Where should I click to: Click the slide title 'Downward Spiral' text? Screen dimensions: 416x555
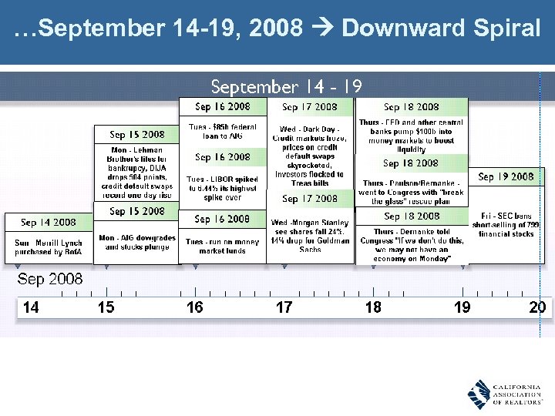click(x=441, y=29)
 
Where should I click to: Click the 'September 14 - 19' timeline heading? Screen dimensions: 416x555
click(x=286, y=86)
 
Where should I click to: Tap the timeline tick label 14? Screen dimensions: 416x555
click(x=31, y=307)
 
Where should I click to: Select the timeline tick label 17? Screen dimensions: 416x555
click(x=284, y=307)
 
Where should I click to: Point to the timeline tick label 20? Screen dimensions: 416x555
click(x=537, y=307)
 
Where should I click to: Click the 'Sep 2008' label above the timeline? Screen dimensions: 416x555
click(x=50, y=279)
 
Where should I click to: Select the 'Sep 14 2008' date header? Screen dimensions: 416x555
click(x=49, y=222)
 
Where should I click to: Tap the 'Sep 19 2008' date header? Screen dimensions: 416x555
click(x=506, y=176)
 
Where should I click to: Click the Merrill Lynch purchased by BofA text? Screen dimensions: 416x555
click(x=48, y=247)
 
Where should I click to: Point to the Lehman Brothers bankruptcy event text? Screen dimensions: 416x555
click(x=136, y=173)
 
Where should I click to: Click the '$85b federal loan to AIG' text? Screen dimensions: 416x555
click(x=222, y=131)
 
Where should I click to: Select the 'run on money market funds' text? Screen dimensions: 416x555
click(x=222, y=246)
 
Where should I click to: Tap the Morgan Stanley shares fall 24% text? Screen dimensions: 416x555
click(x=310, y=236)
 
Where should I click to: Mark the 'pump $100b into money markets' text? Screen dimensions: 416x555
click(x=412, y=136)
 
